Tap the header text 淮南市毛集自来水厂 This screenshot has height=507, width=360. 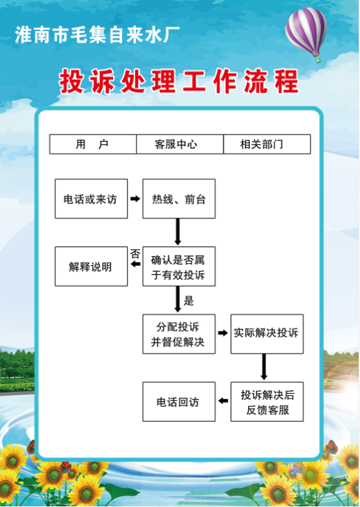click(x=97, y=35)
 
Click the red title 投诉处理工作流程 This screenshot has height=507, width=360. click(x=179, y=81)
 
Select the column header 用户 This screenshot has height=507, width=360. click(x=93, y=144)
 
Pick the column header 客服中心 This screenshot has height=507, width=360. click(x=180, y=144)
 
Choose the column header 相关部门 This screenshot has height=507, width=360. click(x=267, y=144)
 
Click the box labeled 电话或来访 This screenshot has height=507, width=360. click(x=91, y=198)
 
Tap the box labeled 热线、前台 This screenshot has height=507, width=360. click(x=179, y=198)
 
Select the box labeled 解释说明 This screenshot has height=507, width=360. click(x=91, y=266)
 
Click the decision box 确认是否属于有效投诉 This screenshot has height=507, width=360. click(x=179, y=266)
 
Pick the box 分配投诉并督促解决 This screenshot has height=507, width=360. click(x=179, y=334)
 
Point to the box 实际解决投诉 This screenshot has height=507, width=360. click(x=267, y=334)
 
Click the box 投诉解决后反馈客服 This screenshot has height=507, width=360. click(x=267, y=402)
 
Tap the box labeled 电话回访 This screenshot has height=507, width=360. click(x=179, y=402)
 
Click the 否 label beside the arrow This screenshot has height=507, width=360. click(x=135, y=253)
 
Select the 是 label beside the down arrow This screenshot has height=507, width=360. click(x=188, y=301)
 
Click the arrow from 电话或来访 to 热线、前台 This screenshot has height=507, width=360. click(x=135, y=198)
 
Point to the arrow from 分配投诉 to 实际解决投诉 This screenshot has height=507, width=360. click(x=223, y=333)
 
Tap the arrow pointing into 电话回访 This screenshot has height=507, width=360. click(x=223, y=401)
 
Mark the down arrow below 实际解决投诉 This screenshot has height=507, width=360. click(x=264, y=367)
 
